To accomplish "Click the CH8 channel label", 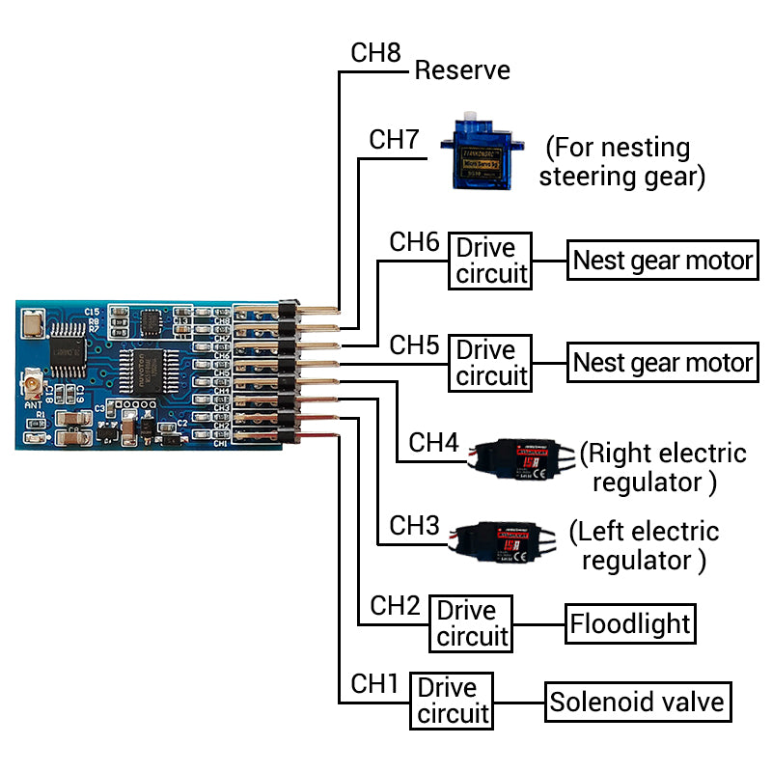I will [375, 52].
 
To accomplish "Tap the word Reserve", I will [462, 70].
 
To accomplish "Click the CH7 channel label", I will [394, 139].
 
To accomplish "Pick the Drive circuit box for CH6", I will [492, 261].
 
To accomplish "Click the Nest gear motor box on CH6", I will [662, 261].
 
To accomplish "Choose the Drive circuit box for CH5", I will [492, 363].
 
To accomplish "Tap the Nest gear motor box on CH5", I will [662, 363].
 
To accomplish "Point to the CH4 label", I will [433, 443].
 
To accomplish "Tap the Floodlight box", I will [630, 623].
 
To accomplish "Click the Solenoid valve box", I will [637, 702].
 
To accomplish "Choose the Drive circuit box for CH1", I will [453, 701].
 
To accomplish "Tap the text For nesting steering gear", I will [620, 162].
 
